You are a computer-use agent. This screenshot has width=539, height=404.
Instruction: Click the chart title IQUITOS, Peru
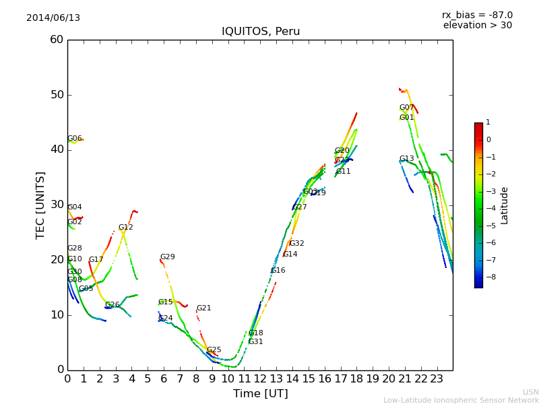click(261, 32)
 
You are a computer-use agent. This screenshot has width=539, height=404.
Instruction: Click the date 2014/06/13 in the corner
click(53, 18)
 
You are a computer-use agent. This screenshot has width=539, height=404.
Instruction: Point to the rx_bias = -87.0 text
click(477, 15)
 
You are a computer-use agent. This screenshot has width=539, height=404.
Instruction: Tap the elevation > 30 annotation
click(478, 26)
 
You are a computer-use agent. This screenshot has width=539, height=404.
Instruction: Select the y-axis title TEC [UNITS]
click(40, 205)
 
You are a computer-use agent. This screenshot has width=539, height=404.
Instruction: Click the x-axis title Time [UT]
click(260, 394)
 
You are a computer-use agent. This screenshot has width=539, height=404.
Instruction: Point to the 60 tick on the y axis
click(57, 40)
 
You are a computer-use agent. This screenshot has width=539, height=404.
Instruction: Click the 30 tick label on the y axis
click(57, 205)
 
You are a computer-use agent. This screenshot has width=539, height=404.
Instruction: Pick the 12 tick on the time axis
click(260, 379)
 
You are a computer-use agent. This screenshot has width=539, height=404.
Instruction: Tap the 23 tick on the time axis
click(437, 379)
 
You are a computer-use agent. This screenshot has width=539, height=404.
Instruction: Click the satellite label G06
click(74, 139)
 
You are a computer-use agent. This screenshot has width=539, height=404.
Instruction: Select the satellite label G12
click(126, 228)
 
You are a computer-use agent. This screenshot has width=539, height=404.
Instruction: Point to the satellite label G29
click(167, 257)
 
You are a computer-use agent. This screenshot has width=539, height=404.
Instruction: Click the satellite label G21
click(203, 308)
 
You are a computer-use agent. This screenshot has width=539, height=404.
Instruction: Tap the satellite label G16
click(278, 271)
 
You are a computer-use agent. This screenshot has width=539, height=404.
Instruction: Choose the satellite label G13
click(406, 159)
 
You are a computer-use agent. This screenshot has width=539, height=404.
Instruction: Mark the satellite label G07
click(406, 108)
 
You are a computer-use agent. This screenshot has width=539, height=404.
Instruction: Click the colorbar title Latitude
click(504, 205)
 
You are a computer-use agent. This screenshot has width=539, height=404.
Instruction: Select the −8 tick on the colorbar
click(488, 276)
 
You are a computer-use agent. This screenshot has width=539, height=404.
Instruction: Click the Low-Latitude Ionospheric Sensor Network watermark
click(461, 401)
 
